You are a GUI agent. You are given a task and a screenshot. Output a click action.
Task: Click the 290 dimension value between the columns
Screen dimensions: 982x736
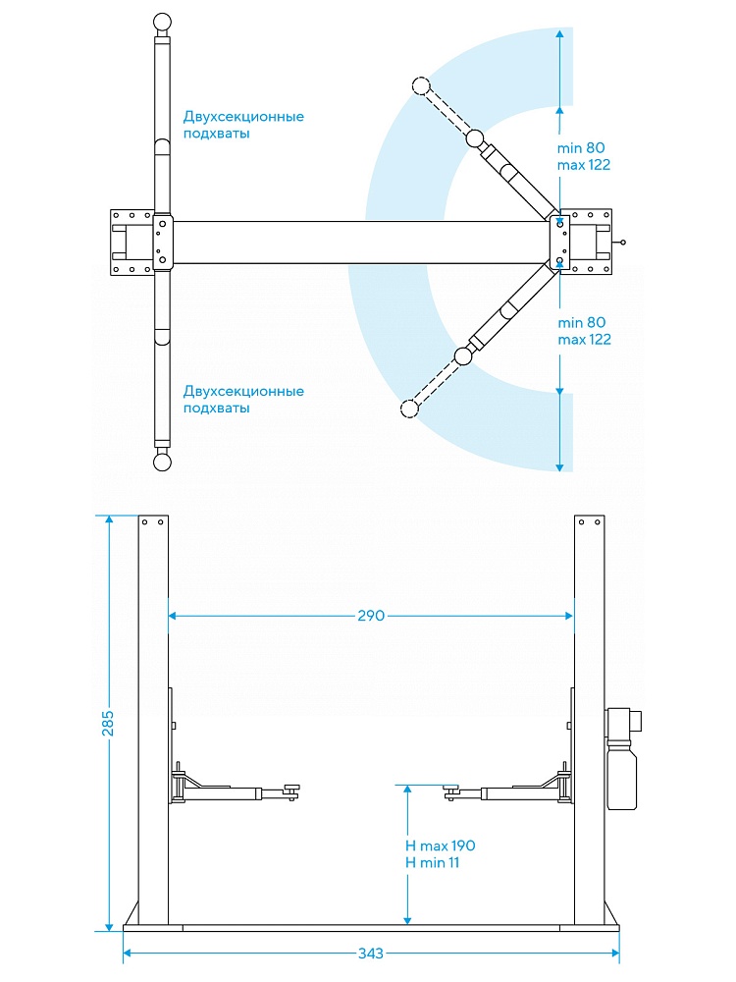pyautogui.click(x=371, y=616)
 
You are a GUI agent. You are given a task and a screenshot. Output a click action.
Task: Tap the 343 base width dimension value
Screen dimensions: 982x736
pyautogui.click(x=370, y=954)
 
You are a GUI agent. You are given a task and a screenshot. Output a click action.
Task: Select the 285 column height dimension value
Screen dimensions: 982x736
pyautogui.click(x=108, y=723)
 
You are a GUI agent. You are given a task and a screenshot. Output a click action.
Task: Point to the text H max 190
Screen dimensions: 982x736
pyautogui.click(x=440, y=846)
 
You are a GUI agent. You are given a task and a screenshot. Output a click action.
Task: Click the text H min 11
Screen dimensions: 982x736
pyautogui.click(x=432, y=862)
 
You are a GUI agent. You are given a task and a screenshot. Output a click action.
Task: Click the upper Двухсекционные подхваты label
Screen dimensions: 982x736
pyautogui.click(x=243, y=125)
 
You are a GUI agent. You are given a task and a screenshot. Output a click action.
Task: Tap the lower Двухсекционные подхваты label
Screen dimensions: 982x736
pyautogui.click(x=243, y=400)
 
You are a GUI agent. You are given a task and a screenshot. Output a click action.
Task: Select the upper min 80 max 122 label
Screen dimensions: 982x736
pyautogui.click(x=584, y=156)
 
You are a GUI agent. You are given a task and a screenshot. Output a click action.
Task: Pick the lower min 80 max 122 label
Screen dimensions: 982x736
pyautogui.click(x=584, y=331)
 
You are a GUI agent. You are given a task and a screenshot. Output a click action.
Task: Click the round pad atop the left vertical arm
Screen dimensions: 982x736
pyautogui.click(x=163, y=21)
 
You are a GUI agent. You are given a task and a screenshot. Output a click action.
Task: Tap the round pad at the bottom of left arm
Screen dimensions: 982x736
pyautogui.click(x=163, y=463)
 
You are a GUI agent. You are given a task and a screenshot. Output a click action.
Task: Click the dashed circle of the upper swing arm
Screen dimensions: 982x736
pyautogui.click(x=422, y=86)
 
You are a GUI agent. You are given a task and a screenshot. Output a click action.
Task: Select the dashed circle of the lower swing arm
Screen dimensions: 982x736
pyautogui.click(x=409, y=408)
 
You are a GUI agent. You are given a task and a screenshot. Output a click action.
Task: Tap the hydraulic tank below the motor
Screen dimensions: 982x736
pyautogui.click(x=621, y=776)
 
